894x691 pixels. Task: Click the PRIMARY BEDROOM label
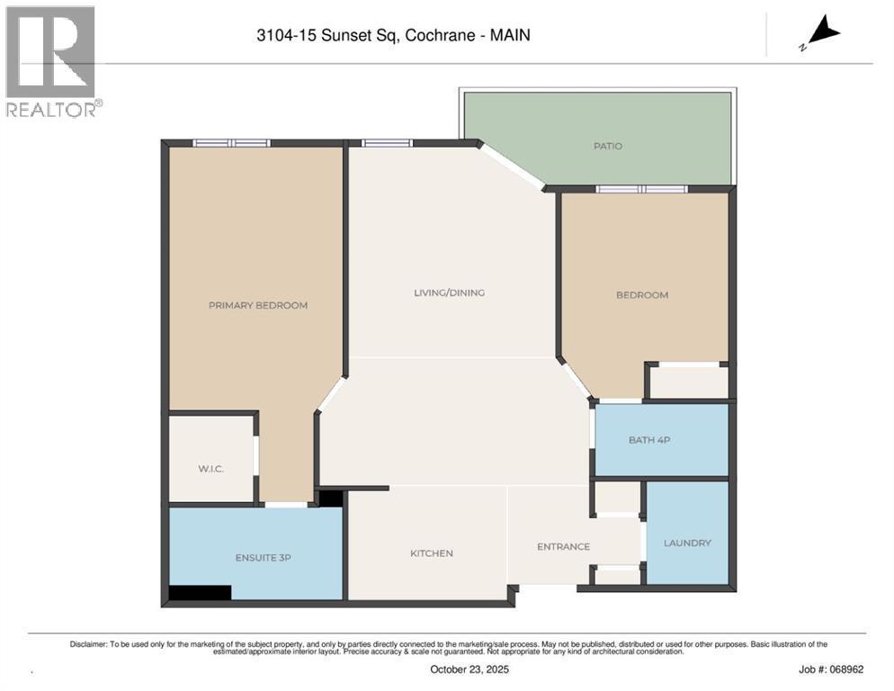click(x=258, y=305)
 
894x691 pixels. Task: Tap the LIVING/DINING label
click(x=450, y=292)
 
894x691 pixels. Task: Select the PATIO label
click(x=608, y=146)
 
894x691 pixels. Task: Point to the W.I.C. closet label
click(x=211, y=469)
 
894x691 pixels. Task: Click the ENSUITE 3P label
click(x=264, y=558)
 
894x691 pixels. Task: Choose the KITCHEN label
click(x=432, y=553)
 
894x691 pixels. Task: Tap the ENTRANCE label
click(x=563, y=547)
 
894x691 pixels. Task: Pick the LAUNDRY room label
click(x=687, y=543)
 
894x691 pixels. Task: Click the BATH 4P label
click(x=649, y=440)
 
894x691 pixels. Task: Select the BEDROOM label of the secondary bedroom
click(x=642, y=295)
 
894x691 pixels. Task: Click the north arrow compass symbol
click(x=821, y=32)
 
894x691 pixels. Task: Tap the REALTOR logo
click(x=54, y=61)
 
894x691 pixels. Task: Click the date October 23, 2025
click(x=469, y=669)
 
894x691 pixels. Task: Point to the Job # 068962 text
click(x=831, y=669)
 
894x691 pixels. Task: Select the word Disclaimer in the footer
click(x=88, y=644)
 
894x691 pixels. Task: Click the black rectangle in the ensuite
click(x=201, y=592)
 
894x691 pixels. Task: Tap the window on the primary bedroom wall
click(x=231, y=143)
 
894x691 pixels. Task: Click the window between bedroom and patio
click(x=641, y=190)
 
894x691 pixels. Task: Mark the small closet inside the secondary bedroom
click(x=689, y=381)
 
